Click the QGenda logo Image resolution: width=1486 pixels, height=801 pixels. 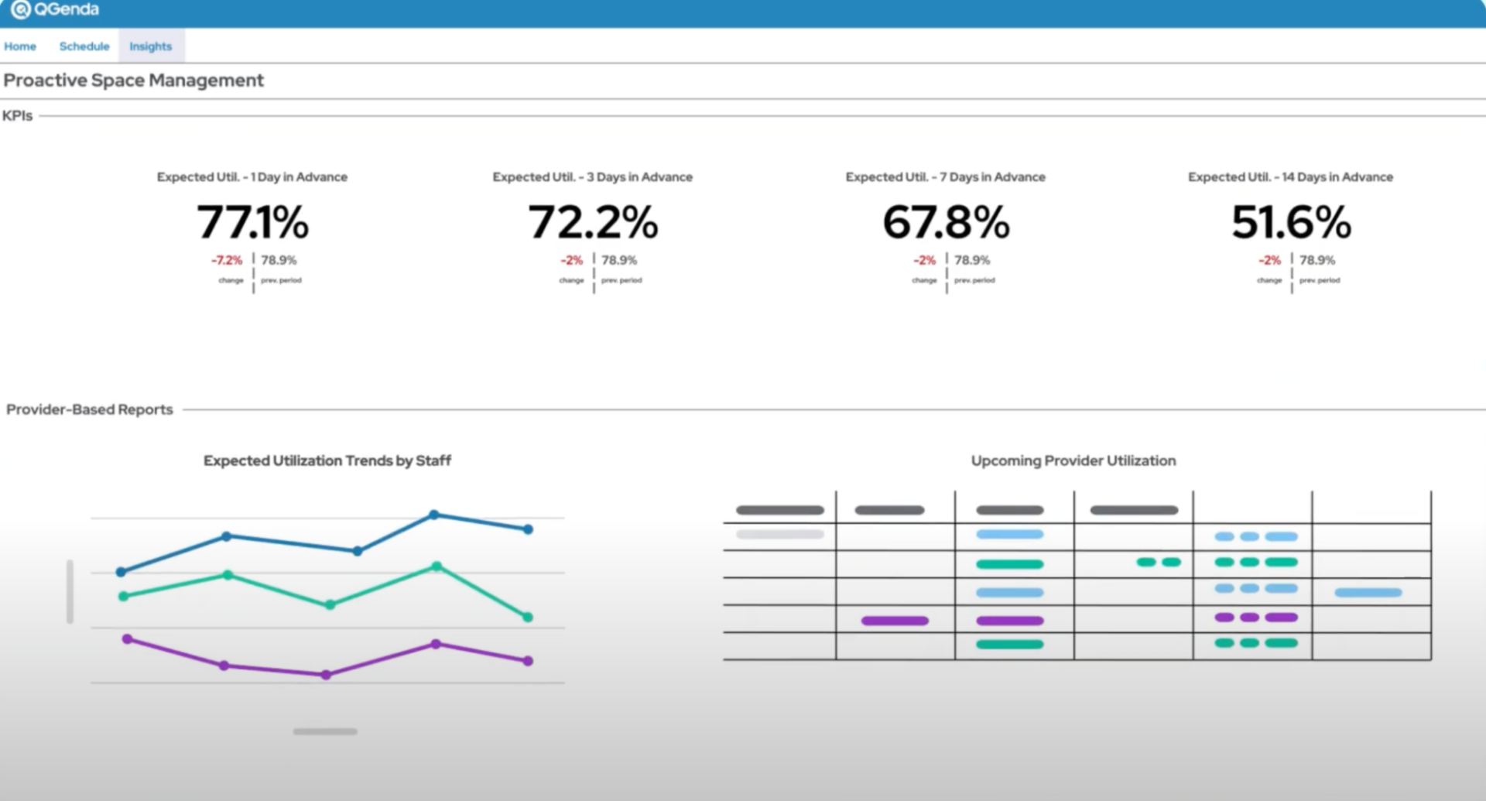54,10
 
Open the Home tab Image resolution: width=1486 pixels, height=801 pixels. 20,46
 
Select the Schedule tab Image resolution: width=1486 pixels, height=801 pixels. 84,46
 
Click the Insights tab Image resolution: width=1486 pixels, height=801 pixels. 151,46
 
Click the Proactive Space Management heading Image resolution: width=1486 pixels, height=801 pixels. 134,80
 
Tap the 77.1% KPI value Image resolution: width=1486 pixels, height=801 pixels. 252,222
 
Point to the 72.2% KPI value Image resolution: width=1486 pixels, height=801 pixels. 593,222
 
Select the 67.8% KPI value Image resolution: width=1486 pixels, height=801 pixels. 946,222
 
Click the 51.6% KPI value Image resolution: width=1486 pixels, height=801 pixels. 1291,222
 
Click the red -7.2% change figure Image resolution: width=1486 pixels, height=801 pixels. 227,261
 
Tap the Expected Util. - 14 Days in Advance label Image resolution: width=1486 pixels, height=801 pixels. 1290,177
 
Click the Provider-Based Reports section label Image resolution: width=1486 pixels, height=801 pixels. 90,409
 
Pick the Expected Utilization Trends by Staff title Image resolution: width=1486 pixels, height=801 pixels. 327,461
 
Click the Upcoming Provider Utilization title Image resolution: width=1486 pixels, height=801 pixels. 1073,461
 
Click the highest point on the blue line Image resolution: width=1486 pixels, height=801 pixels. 434,515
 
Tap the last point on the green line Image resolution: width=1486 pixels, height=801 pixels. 528,617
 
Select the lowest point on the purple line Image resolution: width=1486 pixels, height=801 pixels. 326,675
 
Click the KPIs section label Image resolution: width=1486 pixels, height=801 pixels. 18,116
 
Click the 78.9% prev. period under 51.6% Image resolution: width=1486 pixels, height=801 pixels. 1317,261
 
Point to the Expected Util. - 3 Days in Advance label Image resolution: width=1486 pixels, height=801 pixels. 593,177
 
